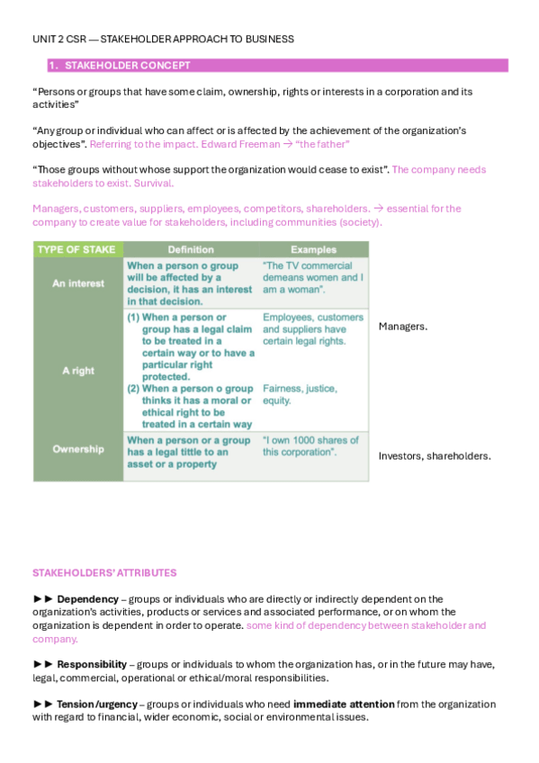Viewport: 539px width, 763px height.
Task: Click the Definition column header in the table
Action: [191, 249]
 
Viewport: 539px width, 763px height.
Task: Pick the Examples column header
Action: [313, 249]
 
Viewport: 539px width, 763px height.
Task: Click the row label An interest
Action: [77, 283]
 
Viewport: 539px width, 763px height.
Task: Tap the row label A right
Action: [77, 370]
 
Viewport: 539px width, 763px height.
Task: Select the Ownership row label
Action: [77, 449]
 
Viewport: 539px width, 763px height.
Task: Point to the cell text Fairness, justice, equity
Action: [301, 394]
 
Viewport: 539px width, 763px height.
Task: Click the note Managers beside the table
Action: [402, 327]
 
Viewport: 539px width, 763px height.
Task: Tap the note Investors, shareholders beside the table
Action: [435, 456]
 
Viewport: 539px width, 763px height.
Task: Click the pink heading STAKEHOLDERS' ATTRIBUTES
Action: [104, 572]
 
